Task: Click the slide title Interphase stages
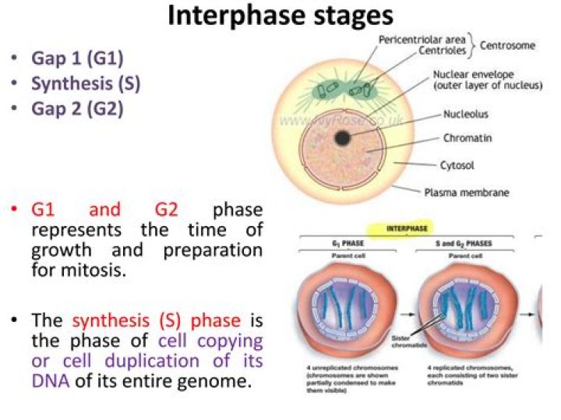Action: click(x=280, y=16)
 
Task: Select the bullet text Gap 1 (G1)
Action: click(x=77, y=58)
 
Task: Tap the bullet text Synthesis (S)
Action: click(x=86, y=83)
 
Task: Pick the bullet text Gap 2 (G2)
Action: click(x=77, y=108)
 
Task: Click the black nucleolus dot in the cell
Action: click(x=342, y=139)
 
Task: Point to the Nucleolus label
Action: click(x=466, y=114)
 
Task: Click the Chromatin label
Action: click(x=467, y=139)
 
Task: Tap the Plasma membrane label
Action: click(x=467, y=192)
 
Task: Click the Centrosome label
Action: click(x=507, y=46)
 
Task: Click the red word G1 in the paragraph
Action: click(x=45, y=210)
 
